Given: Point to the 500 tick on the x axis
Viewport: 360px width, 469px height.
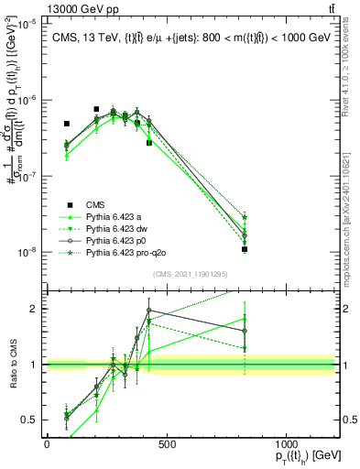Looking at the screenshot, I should [167, 442].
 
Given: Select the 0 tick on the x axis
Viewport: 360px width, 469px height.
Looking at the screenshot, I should [47, 442].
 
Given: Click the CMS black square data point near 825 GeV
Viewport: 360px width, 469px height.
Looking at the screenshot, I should [245, 249].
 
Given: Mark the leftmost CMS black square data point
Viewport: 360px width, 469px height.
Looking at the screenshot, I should [66, 124].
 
